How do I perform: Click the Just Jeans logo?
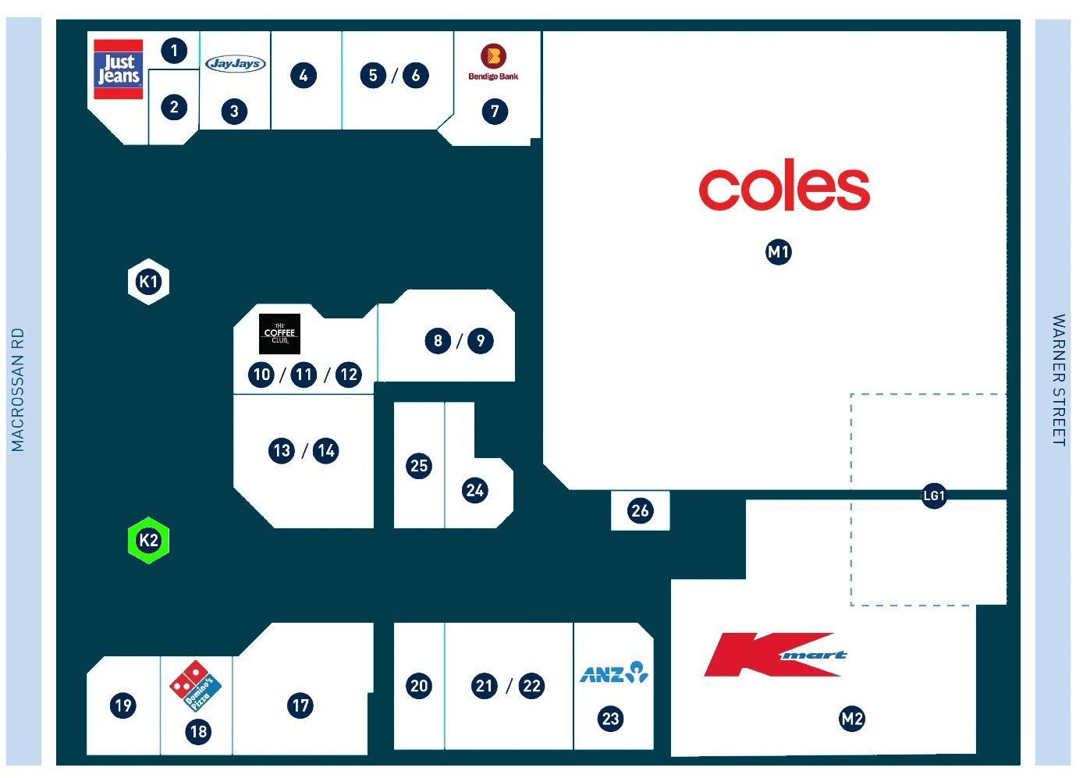click(119, 69)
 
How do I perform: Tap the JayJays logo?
click(236, 63)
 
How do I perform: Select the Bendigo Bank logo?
click(493, 62)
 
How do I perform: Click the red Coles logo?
click(784, 185)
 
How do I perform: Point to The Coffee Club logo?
click(279, 334)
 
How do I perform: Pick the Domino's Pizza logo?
click(196, 686)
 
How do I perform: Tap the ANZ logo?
click(614, 673)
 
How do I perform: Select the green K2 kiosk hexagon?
click(148, 540)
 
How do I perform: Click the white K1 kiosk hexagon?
click(148, 282)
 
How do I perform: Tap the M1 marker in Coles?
click(779, 252)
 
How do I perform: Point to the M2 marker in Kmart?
click(852, 719)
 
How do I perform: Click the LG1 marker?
click(934, 496)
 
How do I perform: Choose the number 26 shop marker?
click(640, 510)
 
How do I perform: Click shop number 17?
click(300, 705)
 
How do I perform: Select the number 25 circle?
click(419, 466)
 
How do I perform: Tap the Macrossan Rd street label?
click(18, 389)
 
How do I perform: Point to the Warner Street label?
click(1059, 380)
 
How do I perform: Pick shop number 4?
click(304, 76)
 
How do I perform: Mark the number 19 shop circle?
click(123, 705)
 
